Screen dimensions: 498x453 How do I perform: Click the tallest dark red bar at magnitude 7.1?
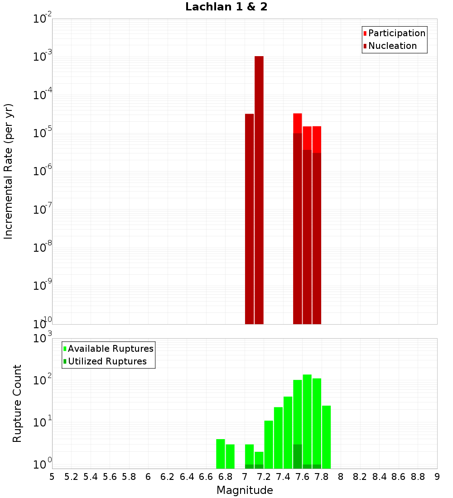[259, 190]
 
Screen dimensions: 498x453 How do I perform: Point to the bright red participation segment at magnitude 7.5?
[298, 123]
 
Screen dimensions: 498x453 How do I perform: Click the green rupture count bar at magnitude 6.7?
[221, 454]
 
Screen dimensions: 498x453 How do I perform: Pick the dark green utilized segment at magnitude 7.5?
[298, 456]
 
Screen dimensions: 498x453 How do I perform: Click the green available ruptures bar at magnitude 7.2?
[269, 445]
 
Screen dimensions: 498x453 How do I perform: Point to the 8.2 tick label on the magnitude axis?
[360, 477]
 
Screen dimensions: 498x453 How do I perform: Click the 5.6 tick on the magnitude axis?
[110, 477]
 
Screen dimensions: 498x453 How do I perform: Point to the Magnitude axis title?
[245, 490]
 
